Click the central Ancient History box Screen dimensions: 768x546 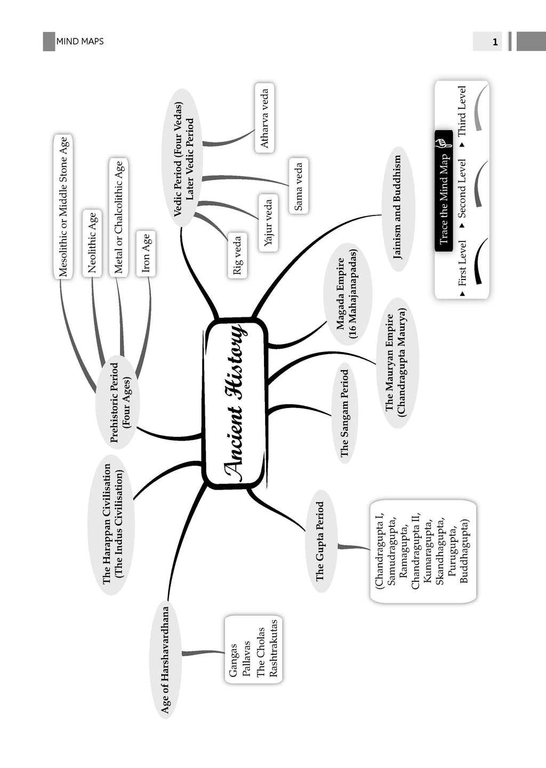coord(235,403)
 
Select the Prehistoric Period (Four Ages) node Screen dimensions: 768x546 coord(117,402)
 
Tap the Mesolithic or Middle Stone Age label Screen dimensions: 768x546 coord(63,207)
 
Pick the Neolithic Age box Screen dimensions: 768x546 coord(92,243)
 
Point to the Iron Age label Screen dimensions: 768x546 coord(146,253)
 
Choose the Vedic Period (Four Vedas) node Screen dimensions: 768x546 coord(182,158)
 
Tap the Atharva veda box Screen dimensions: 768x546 coord(264,118)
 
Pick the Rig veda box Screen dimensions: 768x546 coord(237,255)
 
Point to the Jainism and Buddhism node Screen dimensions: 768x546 coord(397,208)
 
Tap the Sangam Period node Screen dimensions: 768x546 coord(344,413)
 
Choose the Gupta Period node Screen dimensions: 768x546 coord(320,541)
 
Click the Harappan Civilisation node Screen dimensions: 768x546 coord(112,524)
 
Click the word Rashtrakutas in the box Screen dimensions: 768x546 coord(274,649)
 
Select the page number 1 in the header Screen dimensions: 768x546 coord(495,42)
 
